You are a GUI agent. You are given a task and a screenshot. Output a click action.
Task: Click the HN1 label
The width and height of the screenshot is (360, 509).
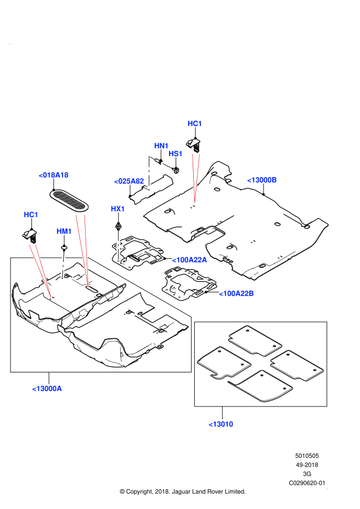161,146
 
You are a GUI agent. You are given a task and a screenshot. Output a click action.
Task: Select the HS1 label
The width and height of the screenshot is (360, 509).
176,154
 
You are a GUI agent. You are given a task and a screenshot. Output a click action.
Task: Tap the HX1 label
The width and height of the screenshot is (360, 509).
118,209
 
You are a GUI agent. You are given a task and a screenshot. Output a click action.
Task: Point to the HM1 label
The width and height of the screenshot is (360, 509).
64,231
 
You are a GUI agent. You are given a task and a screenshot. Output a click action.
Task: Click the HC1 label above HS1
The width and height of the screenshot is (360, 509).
195,123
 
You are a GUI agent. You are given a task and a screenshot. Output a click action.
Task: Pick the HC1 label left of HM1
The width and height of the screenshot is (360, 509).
31,214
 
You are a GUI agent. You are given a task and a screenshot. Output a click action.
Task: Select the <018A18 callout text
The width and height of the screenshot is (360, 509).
53,175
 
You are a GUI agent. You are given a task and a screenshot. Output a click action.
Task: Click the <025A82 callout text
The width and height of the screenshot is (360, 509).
129,181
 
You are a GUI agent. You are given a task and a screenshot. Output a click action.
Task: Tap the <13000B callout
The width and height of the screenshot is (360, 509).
262,180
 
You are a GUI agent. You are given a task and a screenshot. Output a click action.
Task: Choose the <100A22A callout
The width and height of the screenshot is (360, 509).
189,260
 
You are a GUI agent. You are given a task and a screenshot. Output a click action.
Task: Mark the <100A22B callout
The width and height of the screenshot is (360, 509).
237,293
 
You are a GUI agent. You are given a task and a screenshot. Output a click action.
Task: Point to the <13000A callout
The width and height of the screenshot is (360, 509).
47,388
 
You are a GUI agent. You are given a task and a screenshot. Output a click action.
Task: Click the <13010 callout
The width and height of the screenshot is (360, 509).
221,424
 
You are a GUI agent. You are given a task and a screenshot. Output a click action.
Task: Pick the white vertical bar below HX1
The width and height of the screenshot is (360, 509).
118,246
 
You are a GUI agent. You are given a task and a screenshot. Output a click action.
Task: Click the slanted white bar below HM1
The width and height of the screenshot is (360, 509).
63,265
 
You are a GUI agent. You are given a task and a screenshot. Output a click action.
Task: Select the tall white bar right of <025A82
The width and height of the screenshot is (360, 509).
149,173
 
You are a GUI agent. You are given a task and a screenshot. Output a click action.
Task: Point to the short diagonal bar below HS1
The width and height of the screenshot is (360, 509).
166,165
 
